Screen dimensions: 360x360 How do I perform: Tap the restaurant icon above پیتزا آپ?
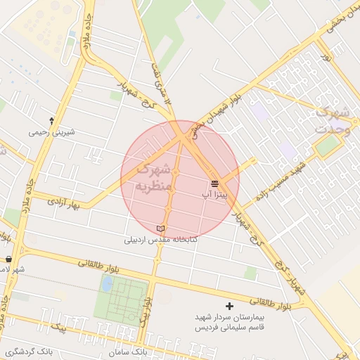point(214,183)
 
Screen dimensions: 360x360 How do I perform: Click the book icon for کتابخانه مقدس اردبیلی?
point(160,229)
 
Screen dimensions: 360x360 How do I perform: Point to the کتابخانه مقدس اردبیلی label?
point(161,240)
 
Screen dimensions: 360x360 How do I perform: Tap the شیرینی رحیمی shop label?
point(51,131)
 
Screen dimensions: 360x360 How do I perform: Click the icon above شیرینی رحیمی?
point(51,121)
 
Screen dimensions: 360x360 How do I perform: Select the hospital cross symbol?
point(229,306)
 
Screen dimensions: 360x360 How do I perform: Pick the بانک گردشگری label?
point(28,351)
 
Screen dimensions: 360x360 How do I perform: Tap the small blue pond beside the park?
point(106,283)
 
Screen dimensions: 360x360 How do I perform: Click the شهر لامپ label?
point(13,270)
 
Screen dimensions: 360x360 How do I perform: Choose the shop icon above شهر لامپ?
point(8,259)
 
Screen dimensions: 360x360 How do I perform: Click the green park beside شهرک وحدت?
point(327,146)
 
